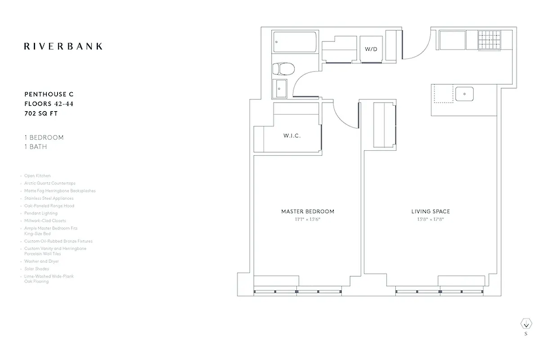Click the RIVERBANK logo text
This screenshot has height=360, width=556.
[x=63, y=46]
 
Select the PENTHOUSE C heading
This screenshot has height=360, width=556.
[x=49, y=94]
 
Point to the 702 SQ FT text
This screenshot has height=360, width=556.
[x=41, y=114]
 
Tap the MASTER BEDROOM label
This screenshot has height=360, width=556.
[x=308, y=211]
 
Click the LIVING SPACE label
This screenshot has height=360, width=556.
[x=430, y=211]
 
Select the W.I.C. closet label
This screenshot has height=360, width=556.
[x=292, y=136]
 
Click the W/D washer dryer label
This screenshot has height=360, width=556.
[x=371, y=49]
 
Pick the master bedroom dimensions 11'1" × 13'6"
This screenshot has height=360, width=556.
[x=308, y=220]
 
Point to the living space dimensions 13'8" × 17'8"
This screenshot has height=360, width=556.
[x=430, y=220]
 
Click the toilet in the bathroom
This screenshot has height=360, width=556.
[x=284, y=69]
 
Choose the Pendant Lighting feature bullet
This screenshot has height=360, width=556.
[x=41, y=213]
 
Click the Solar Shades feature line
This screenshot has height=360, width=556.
[x=36, y=269]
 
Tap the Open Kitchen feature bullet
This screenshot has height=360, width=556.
[x=37, y=176]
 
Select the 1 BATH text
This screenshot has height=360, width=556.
[x=36, y=147]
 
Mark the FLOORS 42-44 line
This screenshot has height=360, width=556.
[x=49, y=104]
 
